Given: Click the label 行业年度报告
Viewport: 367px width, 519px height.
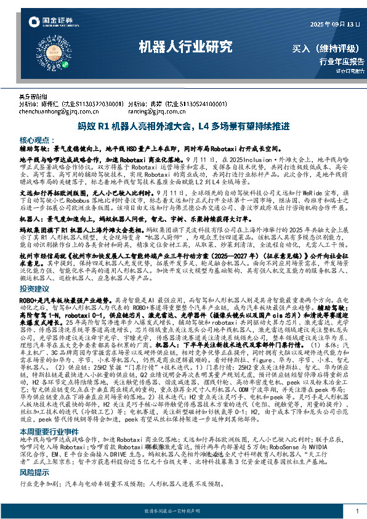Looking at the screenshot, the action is (x=342, y=61).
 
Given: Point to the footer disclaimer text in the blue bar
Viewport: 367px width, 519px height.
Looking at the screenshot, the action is (x=183, y=512).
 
